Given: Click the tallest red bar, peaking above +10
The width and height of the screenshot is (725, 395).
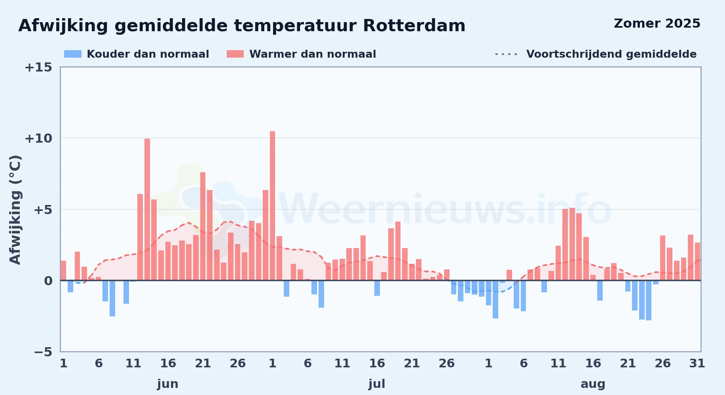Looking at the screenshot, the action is [272, 206].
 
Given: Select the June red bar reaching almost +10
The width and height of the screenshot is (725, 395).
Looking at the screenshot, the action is [147, 209].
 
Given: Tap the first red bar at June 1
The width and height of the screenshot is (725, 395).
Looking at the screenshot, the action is [63, 271].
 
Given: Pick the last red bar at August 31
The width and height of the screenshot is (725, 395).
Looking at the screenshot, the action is [697, 261].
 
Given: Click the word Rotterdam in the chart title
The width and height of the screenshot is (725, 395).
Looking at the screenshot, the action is [414, 26].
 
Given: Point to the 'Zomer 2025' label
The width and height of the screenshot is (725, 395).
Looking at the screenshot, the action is [657, 24].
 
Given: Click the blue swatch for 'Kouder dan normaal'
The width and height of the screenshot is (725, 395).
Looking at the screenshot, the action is [73, 54].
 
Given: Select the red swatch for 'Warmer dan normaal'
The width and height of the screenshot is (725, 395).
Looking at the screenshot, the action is [235, 54].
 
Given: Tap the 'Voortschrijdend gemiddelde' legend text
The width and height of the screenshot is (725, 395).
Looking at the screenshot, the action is [611, 54].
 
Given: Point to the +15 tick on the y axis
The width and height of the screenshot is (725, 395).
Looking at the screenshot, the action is [38, 68].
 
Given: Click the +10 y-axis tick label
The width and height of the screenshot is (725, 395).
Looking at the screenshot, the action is [38, 139].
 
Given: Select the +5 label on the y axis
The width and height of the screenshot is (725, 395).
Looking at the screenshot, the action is [43, 210].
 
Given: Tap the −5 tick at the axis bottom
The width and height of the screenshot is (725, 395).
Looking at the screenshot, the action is [43, 352].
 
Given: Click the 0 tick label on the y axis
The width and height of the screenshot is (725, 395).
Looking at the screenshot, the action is [48, 281].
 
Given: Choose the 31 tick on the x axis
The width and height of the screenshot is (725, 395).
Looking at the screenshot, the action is [697, 363].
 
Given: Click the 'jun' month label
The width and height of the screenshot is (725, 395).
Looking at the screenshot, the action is [168, 384].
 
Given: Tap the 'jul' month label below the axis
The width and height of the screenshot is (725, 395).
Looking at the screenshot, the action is [377, 384].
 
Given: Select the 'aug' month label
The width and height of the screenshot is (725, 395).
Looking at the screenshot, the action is [593, 384].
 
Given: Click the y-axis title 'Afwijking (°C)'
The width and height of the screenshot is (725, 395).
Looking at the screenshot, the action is [15, 210].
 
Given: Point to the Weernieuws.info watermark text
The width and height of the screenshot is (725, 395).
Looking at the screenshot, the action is [445, 209].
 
